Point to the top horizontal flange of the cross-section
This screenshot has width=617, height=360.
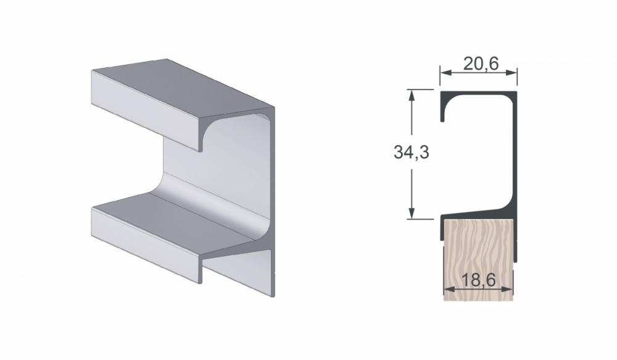pos(478,94)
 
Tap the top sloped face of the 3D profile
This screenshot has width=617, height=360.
pos(179,86)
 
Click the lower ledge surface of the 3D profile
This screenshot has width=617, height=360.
pos(179,216)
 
